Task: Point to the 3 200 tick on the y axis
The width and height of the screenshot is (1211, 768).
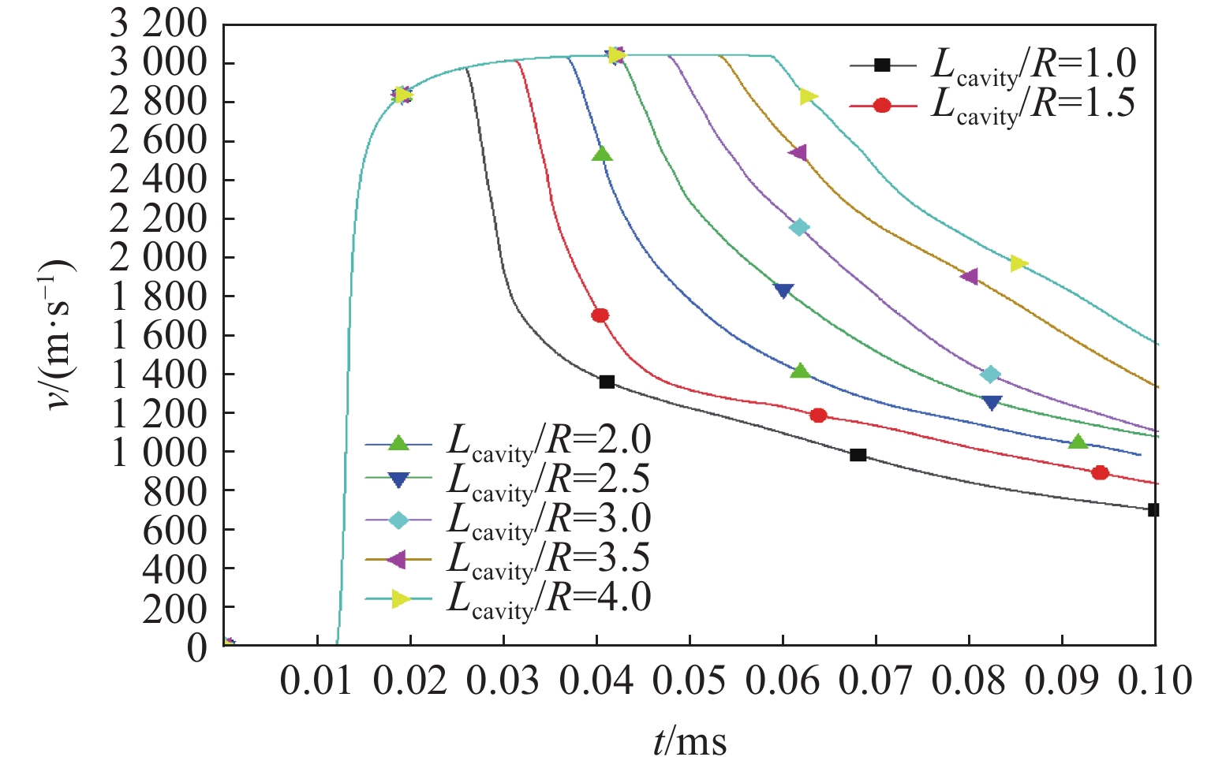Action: pyautogui.click(x=158, y=24)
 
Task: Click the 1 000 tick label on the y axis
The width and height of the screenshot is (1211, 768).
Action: pyautogui.click(x=158, y=453)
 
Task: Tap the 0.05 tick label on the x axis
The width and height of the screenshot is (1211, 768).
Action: pyautogui.click(x=690, y=680)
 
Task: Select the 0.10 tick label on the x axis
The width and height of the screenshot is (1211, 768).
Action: pyautogui.click(x=1155, y=680)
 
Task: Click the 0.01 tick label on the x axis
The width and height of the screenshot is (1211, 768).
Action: pyautogui.click(x=317, y=680)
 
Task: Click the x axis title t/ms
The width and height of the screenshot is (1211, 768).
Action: pyautogui.click(x=690, y=741)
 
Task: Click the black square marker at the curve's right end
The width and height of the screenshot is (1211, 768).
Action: pyautogui.click(x=1153, y=510)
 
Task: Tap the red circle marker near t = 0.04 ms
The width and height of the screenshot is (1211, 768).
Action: pyautogui.click(x=600, y=315)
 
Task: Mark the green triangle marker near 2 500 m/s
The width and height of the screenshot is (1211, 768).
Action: pyautogui.click(x=602, y=154)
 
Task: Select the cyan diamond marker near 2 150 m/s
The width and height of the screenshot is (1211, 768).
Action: pyautogui.click(x=799, y=228)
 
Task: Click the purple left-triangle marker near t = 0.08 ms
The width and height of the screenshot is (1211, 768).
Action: pyautogui.click(x=970, y=276)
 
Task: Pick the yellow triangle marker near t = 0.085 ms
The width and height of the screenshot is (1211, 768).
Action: pyautogui.click(x=1019, y=263)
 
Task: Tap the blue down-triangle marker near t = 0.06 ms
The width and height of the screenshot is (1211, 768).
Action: pyautogui.click(x=783, y=290)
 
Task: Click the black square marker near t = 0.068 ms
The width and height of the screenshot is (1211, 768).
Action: pyautogui.click(x=858, y=455)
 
